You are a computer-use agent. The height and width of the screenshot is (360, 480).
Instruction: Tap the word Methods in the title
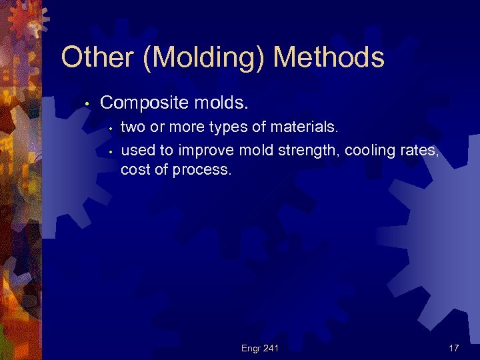click(x=329, y=58)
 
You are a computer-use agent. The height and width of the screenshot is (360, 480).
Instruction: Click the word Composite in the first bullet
click(x=140, y=103)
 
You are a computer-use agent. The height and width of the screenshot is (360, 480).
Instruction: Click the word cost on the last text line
click(x=133, y=170)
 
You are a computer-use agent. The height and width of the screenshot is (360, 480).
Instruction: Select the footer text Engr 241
click(x=259, y=347)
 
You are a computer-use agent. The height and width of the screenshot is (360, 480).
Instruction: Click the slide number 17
click(x=453, y=347)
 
